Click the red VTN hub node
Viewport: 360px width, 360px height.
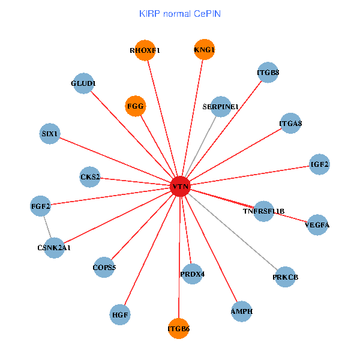180,187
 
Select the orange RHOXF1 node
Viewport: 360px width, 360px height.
145,50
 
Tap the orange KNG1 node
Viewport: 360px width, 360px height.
204,49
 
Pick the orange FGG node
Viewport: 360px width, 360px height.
136,106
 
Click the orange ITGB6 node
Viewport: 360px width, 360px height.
178,328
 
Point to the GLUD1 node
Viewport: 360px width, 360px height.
83,83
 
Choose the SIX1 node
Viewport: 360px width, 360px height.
50,133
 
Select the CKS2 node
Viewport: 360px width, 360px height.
90,177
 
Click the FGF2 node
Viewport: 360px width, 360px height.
41,206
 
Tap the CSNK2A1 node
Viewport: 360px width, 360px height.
54,247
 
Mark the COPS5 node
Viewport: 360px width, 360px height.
104,268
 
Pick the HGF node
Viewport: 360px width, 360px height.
121,314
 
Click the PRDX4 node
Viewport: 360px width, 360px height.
192,274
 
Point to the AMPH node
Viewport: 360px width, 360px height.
241,311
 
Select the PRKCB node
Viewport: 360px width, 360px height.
285,277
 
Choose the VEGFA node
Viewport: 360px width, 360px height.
317,225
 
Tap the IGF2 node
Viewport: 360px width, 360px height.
319,164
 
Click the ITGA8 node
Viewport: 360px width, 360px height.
290,124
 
